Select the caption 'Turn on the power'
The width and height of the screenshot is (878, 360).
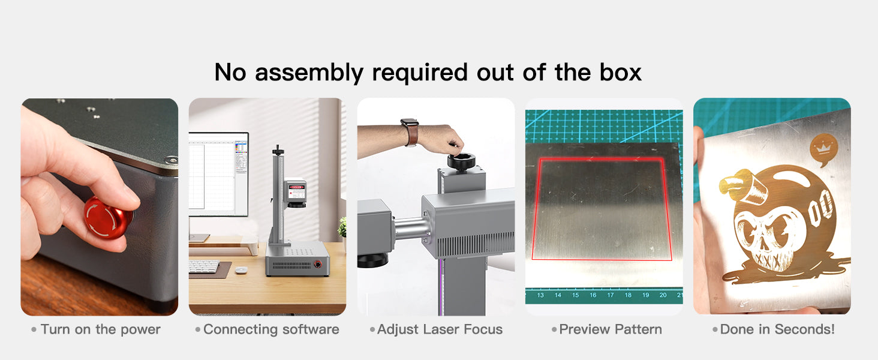(101, 329)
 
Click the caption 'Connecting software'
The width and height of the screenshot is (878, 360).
(271, 329)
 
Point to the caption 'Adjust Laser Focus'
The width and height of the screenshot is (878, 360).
(440, 329)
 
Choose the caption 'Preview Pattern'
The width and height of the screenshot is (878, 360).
(611, 329)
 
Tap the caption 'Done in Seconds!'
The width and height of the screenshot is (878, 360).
(778, 329)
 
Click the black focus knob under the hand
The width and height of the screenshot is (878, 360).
(461, 161)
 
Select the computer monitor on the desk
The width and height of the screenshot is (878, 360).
(218, 174)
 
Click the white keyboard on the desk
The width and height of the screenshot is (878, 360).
(204, 266)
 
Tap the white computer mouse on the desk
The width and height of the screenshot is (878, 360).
(241, 270)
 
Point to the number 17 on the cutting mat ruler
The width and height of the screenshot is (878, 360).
(611, 295)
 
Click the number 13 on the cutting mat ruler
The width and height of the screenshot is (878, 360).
(540, 295)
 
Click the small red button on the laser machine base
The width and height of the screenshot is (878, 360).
(317, 264)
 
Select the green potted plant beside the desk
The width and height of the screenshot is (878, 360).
(342, 227)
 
